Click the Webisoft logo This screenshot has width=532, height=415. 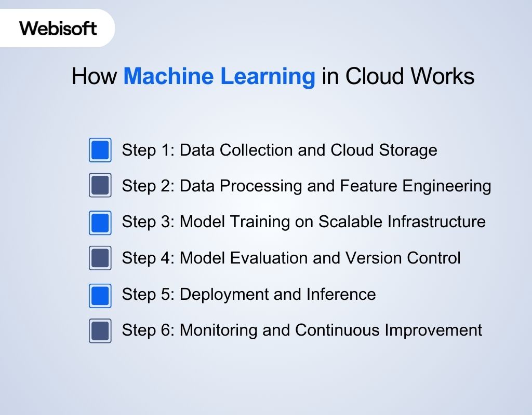click(x=58, y=28)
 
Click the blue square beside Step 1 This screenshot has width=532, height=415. click(x=100, y=150)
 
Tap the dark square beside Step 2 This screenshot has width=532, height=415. click(x=100, y=186)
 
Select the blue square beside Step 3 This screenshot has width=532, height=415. click(x=100, y=222)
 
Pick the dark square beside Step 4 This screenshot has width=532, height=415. click(x=100, y=258)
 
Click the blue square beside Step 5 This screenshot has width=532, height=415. click(x=100, y=294)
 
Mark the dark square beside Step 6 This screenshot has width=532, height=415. click(x=100, y=330)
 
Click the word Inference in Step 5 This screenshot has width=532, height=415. click(x=344, y=294)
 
